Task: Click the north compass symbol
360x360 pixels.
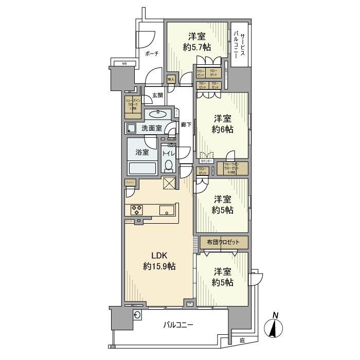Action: click(276, 327)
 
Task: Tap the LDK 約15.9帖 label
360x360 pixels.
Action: click(159, 261)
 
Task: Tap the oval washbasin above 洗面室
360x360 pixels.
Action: click(157, 114)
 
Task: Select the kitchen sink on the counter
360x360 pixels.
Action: click(167, 209)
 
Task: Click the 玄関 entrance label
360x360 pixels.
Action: click(157, 95)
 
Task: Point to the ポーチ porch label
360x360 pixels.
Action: click(151, 53)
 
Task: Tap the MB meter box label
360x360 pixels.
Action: click(124, 64)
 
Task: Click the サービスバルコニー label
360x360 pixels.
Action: click(240, 44)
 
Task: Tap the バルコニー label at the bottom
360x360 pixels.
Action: click(178, 325)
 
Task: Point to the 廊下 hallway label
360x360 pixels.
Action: click(186, 124)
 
